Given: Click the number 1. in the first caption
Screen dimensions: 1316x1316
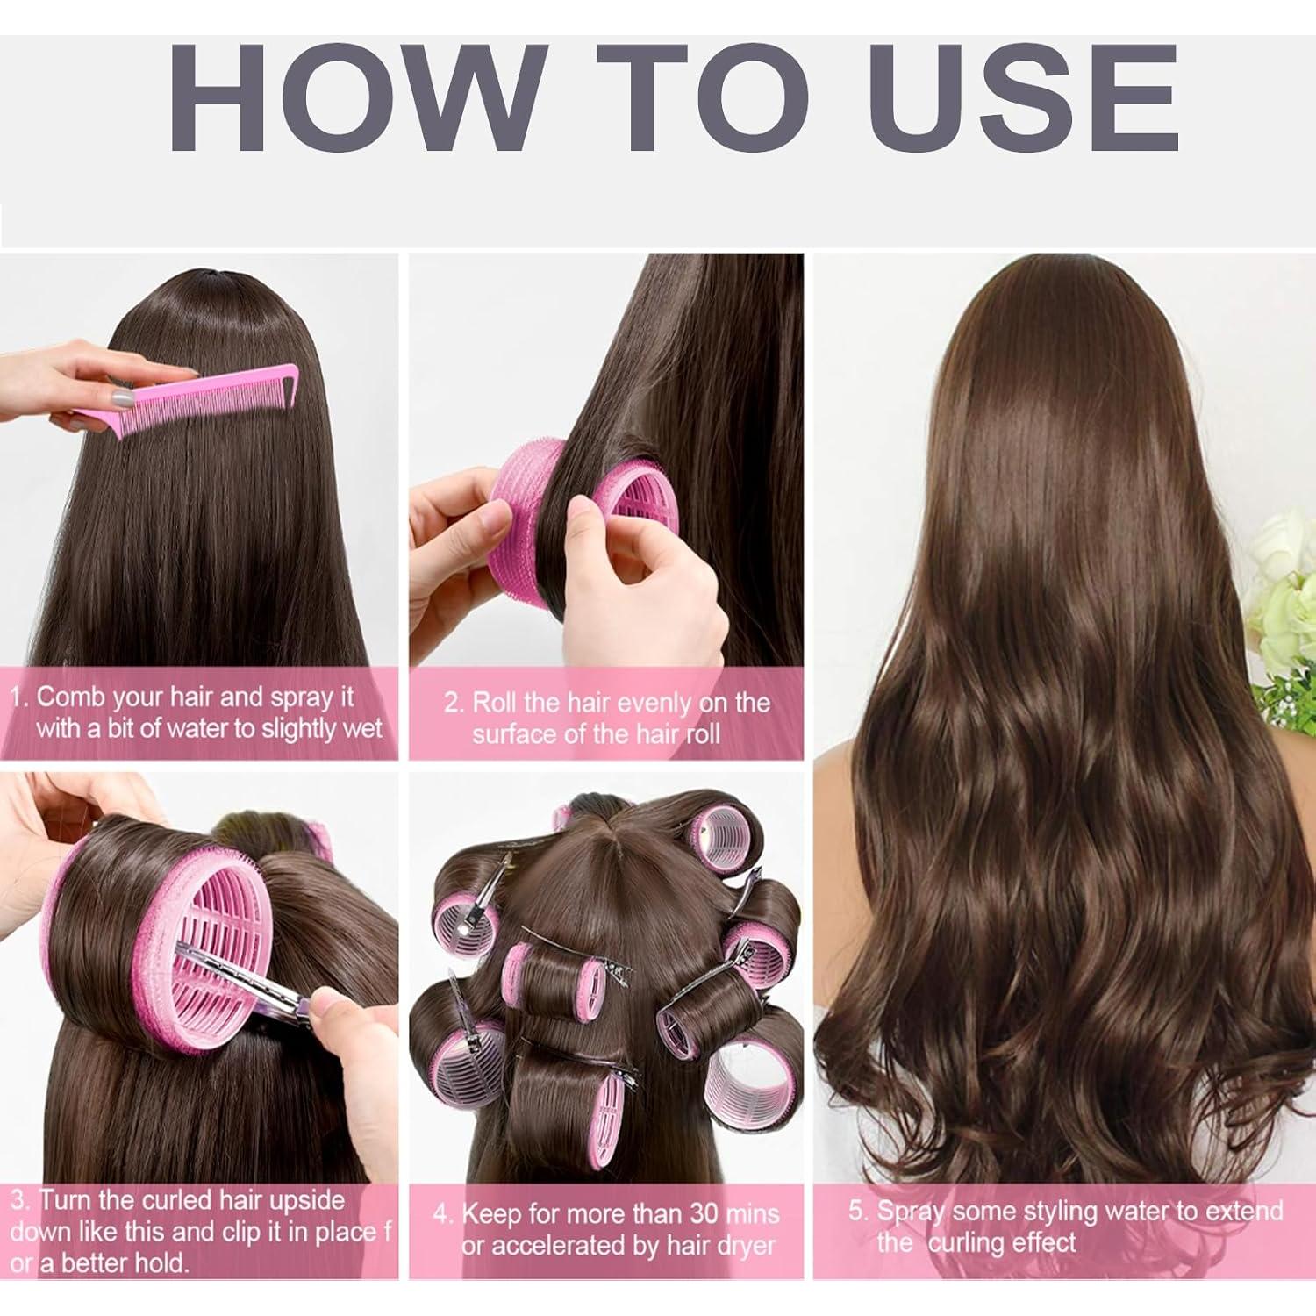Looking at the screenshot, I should click(19, 698).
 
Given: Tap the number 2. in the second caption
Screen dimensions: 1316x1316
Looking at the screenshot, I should click(454, 704).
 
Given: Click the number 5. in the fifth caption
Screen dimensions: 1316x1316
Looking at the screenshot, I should click(857, 1212).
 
